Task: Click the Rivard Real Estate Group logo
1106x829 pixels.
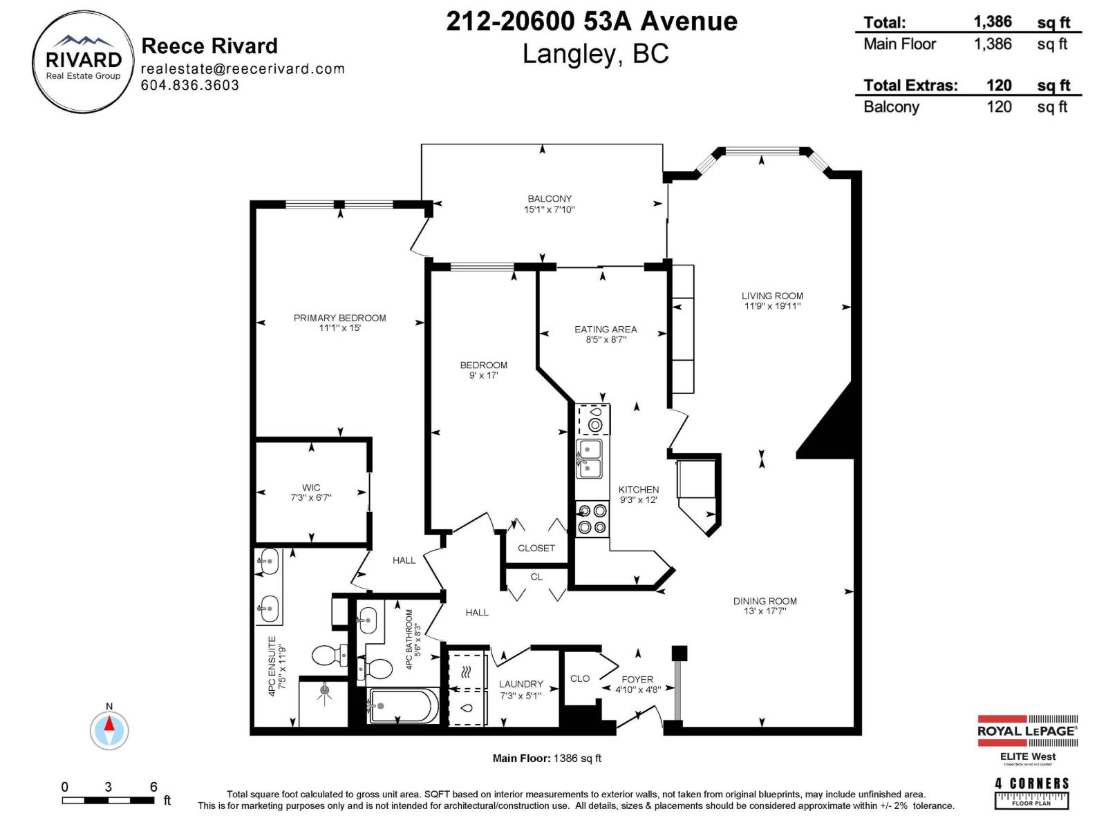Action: point(83,62)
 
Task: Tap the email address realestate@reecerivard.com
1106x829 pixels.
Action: point(243,68)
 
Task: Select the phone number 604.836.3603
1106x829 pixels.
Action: point(190,85)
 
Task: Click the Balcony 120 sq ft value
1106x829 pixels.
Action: point(999,106)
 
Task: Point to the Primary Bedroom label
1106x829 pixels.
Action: point(339,318)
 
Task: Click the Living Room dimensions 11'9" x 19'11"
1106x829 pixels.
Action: point(772,306)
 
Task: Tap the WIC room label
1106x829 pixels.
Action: point(311,487)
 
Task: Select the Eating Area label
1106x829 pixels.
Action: point(606,329)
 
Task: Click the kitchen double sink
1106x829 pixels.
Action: point(589,459)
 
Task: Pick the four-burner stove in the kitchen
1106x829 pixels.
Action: point(592,519)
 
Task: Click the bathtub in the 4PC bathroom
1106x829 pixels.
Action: point(403,705)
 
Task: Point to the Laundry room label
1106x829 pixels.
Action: point(521,684)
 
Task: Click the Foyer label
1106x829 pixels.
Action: point(637,679)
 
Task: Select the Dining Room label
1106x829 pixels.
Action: point(765,601)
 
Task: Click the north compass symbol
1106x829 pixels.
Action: point(109,729)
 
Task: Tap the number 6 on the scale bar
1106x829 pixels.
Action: point(153,786)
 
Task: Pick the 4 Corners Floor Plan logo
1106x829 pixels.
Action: point(1031,792)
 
